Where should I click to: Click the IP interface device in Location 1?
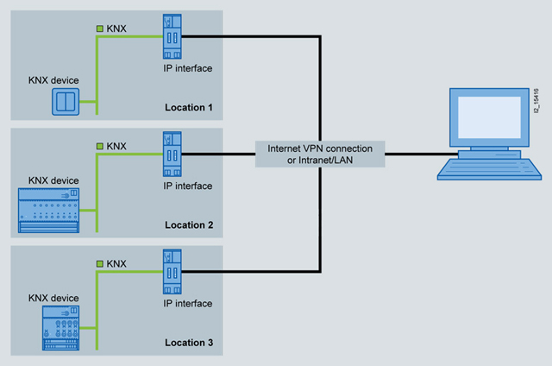pyautogui.click(x=170, y=36)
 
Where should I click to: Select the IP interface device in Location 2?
pyautogui.click(x=170, y=153)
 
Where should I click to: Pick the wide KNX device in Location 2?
pyautogui.click(x=48, y=211)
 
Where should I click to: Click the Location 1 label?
pyautogui.click(x=189, y=108)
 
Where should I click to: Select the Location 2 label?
pyautogui.click(x=189, y=225)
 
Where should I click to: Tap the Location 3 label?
pyautogui.click(x=189, y=343)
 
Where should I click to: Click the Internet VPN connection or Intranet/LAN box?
pyautogui.click(x=319, y=154)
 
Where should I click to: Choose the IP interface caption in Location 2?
pyautogui.click(x=187, y=186)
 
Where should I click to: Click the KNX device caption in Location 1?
pyautogui.click(x=53, y=80)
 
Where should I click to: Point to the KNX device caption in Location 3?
pyautogui.click(x=53, y=298)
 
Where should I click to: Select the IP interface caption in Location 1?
pyautogui.click(x=187, y=67)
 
